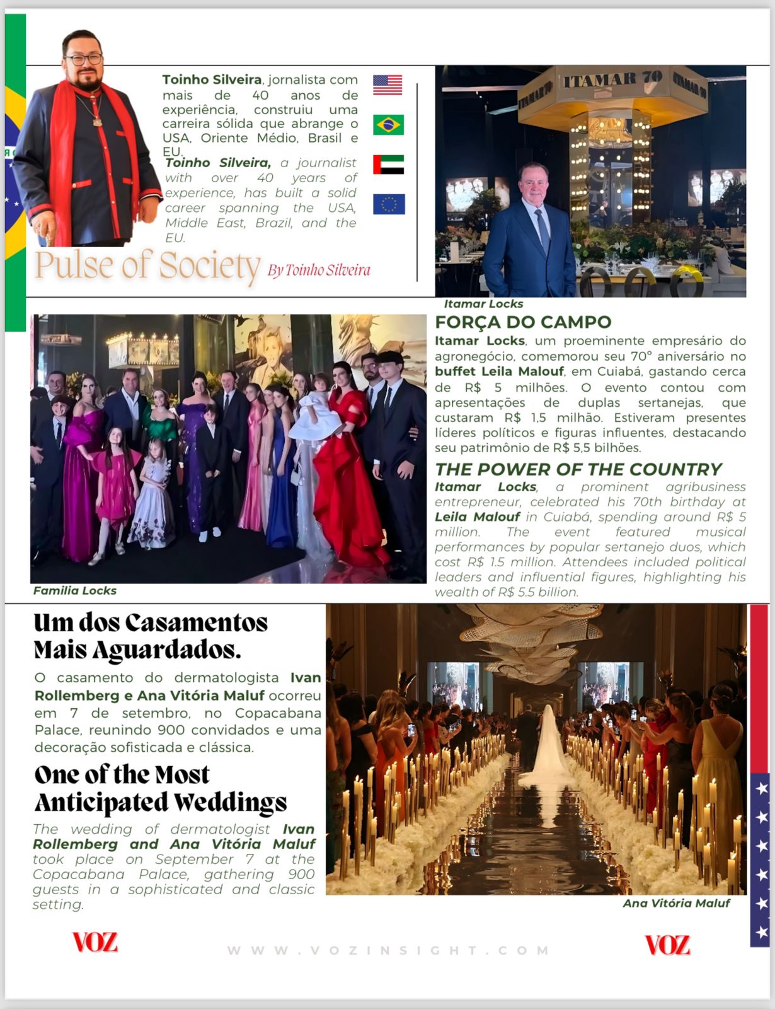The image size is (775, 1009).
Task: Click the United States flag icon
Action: pos(387,85)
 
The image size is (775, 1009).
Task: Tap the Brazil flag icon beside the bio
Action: pos(388,125)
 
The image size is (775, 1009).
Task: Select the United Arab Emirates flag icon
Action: pos(388,165)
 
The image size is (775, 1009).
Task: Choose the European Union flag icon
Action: pos(389,204)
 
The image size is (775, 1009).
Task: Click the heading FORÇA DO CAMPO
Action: pos(523,322)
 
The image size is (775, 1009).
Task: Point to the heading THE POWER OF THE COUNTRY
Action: pos(578,470)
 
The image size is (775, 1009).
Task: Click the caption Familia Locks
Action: pos(75,591)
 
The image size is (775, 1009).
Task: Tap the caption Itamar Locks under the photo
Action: pos(483,304)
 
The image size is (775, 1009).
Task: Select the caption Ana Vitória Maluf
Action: pos(676,904)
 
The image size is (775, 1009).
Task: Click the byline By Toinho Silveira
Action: pos(319,271)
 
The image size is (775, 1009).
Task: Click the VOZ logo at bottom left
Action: pos(95,943)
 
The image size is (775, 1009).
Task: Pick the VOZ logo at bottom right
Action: pos(667,945)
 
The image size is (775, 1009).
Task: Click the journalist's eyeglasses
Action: pos(84,60)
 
